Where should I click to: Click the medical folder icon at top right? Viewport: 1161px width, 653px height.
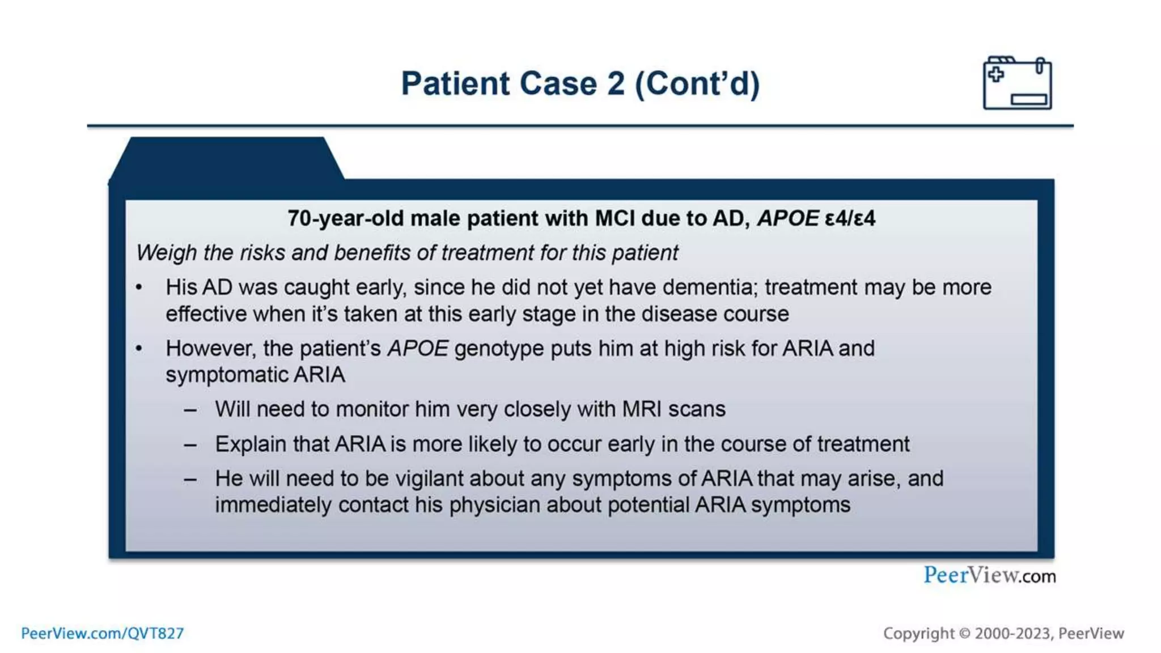1017,83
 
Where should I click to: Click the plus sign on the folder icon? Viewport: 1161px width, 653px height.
995,74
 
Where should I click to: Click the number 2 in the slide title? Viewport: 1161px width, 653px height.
616,84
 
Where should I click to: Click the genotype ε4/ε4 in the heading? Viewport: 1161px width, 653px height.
850,218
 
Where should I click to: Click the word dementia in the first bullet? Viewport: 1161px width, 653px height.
709,287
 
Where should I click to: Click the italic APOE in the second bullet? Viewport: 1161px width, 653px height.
418,349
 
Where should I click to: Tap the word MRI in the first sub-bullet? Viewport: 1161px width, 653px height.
642,409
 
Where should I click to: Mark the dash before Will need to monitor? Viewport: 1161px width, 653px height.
190,410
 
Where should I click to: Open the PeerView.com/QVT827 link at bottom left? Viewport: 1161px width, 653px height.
103,633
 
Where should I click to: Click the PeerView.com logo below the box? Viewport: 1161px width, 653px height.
989,575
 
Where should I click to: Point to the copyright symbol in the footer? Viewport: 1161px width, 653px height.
964,634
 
